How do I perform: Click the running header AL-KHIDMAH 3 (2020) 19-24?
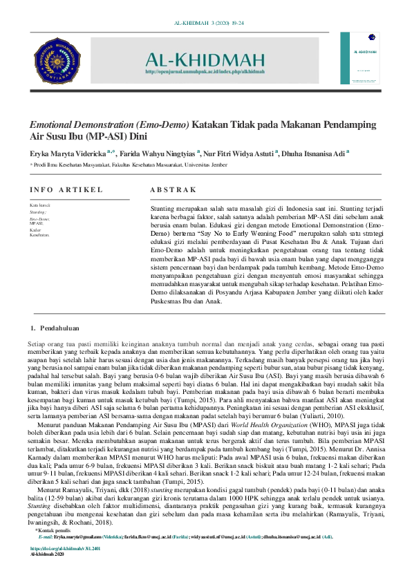(x=205, y=25)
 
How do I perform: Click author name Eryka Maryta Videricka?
(x=67, y=153)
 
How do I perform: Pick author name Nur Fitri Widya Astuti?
(x=238, y=153)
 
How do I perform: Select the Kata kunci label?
(x=39, y=205)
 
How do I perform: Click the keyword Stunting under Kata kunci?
(x=38, y=212)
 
